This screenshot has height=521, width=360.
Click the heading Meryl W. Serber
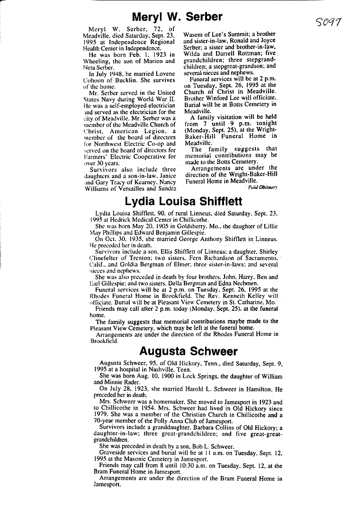(177, 18)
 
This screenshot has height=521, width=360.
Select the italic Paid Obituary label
(262, 187)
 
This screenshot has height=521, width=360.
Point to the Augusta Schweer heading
(189, 351)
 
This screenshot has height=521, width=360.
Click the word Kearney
(146, 180)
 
